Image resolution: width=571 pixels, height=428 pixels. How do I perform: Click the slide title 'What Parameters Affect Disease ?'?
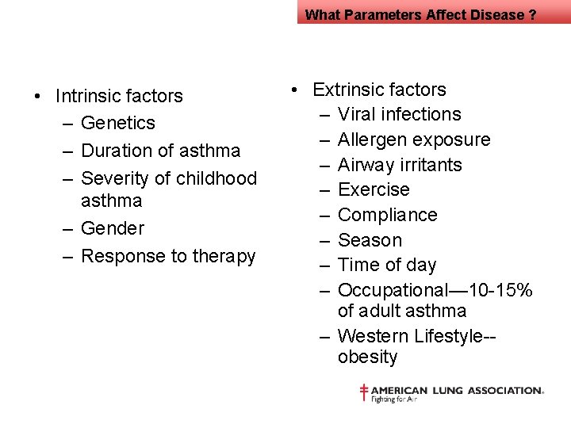pyautogui.click(x=420, y=14)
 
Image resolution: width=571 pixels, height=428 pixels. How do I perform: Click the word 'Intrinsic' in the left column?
pyautogui.click(x=87, y=97)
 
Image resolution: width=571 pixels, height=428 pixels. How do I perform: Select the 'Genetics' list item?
pyautogui.click(x=118, y=124)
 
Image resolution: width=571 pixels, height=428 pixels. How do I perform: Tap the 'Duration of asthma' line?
pyautogui.click(x=160, y=151)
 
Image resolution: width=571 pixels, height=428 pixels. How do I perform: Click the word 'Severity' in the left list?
pyautogui.click(x=116, y=178)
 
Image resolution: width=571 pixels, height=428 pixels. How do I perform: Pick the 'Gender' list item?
pyautogui.click(x=113, y=229)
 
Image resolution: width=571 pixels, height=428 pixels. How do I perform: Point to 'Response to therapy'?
pyautogui.click(x=168, y=256)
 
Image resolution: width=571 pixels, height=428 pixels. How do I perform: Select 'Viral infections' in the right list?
pyautogui.click(x=399, y=115)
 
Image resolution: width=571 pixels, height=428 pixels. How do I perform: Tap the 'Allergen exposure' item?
pyautogui.click(x=414, y=140)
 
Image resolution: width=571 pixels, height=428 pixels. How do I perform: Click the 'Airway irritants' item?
pyautogui.click(x=400, y=165)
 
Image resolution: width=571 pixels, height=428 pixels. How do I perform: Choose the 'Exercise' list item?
pyautogui.click(x=374, y=190)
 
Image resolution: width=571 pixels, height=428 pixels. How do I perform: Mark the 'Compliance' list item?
pyautogui.click(x=387, y=216)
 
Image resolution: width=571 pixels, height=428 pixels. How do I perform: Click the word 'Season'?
pyautogui.click(x=370, y=240)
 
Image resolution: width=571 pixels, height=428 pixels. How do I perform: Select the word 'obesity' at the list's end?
pyautogui.click(x=367, y=357)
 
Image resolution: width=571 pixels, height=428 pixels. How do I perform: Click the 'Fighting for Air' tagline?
pyautogui.click(x=394, y=399)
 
